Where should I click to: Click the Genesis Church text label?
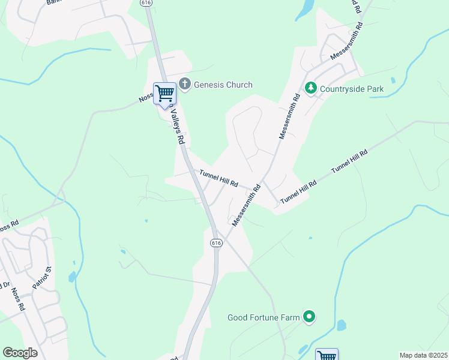coord(223,85)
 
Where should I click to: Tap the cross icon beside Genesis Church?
coord(185,85)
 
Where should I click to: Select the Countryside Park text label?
coord(351,89)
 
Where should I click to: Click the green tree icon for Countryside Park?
coord(310,89)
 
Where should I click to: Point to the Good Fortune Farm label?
coord(264,317)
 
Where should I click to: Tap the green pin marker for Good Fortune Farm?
coord(309,316)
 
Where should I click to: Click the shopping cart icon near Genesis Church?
coord(164,94)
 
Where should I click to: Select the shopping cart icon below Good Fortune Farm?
coord(327,355)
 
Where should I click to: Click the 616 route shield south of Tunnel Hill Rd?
coord(216,242)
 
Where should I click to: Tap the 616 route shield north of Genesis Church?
coord(146,3)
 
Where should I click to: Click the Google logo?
coord(20,352)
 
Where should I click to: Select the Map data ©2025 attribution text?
coord(423,355)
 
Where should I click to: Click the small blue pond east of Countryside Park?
coord(393,80)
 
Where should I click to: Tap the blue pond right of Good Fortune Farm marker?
coord(341,326)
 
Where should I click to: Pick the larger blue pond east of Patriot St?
coord(72,277)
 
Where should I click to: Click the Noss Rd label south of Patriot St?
coord(17,299)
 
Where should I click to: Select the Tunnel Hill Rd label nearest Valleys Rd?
coord(220,178)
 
